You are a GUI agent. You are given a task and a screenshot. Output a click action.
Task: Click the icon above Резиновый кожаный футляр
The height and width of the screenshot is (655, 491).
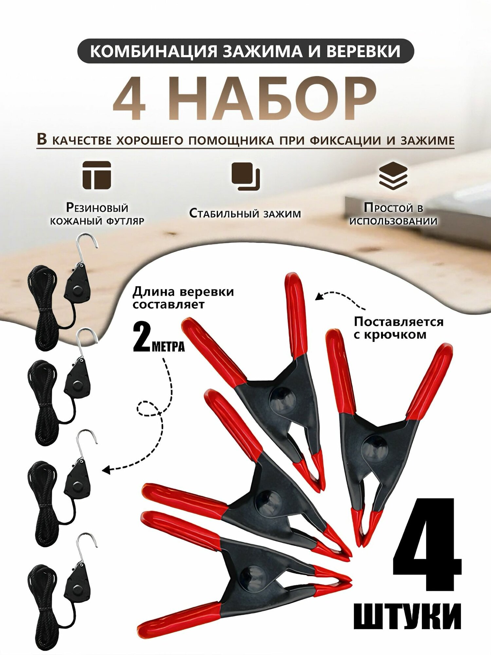97,175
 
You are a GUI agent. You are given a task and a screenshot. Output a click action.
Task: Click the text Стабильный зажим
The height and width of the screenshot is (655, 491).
245,214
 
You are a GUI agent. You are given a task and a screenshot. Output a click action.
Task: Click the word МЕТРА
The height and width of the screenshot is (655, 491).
168,346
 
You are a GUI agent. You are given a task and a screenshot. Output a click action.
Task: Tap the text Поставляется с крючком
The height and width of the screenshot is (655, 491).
399,328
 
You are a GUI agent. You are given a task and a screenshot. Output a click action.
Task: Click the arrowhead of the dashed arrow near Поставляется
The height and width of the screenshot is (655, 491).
318,297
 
